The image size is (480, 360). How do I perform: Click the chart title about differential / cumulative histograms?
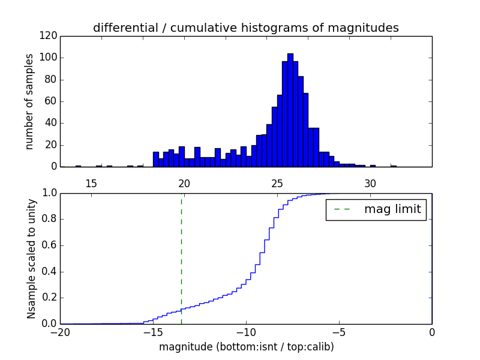click(245, 28)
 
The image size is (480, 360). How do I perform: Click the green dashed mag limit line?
click(181, 258)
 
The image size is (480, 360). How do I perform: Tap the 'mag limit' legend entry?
click(376, 209)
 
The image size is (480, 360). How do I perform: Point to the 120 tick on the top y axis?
click(50, 36)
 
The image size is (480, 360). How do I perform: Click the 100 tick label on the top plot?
click(50, 58)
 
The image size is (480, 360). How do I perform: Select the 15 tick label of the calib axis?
click(91, 183)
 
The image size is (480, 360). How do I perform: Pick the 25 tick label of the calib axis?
click(277, 183)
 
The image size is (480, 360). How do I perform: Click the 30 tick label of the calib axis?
click(370, 183)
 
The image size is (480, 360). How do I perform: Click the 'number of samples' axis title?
click(29, 101)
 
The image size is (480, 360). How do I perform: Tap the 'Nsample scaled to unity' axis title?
click(31, 259)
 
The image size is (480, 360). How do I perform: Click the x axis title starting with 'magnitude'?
click(246, 347)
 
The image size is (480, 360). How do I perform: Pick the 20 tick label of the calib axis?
click(184, 183)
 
